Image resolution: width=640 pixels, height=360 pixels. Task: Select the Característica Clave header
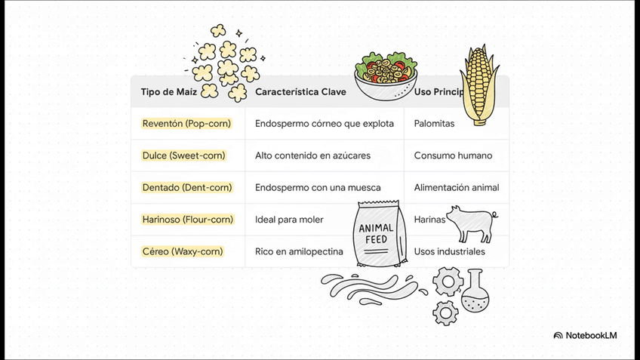pos(300,92)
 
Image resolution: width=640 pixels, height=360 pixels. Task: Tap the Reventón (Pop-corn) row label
pos(186,123)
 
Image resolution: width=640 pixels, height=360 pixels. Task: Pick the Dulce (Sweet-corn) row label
pos(183,155)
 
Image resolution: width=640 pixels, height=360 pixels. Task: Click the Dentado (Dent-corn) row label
pos(187,187)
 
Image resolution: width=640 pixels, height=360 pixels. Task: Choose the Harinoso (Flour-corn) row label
pos(188,220)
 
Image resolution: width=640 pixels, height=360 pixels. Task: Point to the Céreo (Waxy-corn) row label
pos(183,251)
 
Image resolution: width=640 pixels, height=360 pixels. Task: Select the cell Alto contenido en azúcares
pos(312,155)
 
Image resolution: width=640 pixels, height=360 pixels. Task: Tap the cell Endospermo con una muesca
pos(318,187)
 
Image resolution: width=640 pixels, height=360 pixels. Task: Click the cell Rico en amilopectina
pos(299,251)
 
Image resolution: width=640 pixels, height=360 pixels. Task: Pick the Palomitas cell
pos(434,123)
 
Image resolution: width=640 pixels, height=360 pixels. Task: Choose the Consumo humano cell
pos(453,155)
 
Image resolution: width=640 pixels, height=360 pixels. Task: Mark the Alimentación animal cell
pos(457,187)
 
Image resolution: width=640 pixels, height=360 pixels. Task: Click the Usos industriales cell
pos(450,251)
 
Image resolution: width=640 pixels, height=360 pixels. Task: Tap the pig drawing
pos(471,223)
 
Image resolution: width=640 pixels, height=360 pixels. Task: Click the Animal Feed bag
pos(380,234)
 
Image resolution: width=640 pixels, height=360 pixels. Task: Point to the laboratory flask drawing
pos(475,292)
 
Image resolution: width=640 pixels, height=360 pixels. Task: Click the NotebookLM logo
pos(585,335)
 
